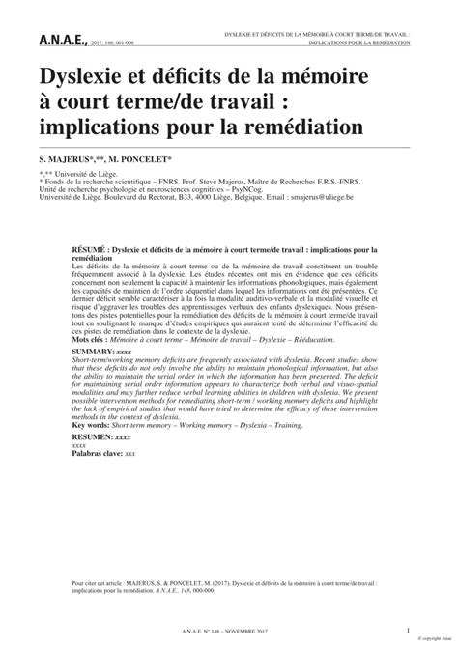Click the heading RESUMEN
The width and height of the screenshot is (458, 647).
click(x=93, y=437)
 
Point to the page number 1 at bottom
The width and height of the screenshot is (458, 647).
click(x=408, y=632)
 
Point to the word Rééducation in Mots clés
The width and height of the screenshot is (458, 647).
click(x=311, y=341)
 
